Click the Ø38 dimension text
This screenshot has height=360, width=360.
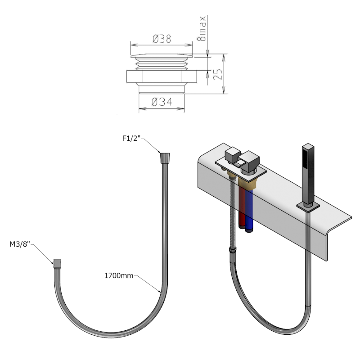point(162,39)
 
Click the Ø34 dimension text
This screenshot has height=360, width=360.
point(162,103)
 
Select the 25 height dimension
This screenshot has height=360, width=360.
point(218,74)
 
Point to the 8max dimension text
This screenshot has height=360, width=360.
point(203,29)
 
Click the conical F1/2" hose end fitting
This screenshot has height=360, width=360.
point(165,158)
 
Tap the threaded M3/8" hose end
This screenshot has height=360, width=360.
point(57,264)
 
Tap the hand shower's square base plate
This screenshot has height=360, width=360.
point(309,207)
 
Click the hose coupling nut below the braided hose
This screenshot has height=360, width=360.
point(232,251)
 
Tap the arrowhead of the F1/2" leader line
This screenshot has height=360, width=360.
point(161,153)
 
